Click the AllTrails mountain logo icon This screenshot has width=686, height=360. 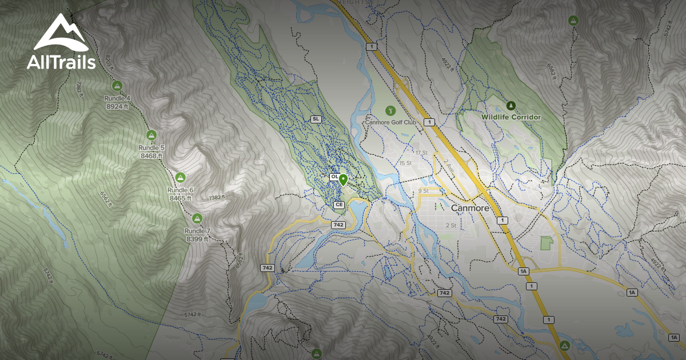point(61,33)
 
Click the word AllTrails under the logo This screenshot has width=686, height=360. point(61,63)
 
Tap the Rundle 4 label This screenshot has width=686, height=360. point(117,98)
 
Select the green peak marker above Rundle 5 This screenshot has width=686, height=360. point(151,135)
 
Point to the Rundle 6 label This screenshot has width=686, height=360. point(180,190)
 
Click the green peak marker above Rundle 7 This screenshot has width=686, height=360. point(197,218)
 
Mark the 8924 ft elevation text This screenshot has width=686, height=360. point(118,106)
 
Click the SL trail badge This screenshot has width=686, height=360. point(315,119)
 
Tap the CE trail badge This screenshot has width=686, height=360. point(338,204)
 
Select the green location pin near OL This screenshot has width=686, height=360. point(343,180)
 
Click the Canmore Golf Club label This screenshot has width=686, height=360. point(390,122)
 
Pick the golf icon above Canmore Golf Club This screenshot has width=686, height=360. point(390,110)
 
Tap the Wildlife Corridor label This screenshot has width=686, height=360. point(510,117)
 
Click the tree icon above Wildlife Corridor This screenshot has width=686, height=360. point(510,105)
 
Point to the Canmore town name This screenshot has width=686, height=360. point(470,208)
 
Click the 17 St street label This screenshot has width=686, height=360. point(422,153)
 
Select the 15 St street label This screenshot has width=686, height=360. point(405,163)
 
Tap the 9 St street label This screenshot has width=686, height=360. point(423,190)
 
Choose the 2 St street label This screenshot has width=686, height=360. point(450,225)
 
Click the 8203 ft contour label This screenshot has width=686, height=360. point(110,61)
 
